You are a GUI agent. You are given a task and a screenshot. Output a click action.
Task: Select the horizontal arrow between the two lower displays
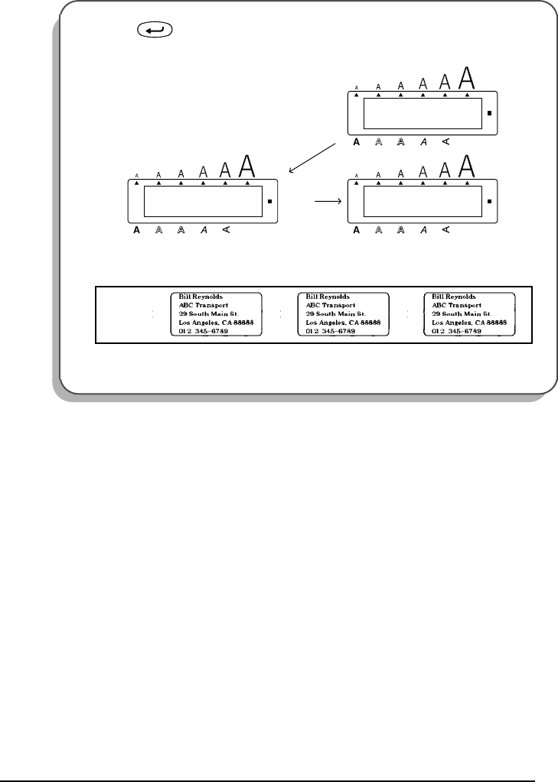pyautogui.click(x=326, y=203)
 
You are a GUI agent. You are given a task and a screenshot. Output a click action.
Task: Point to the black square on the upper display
pyautogui.click(x=489, y=115)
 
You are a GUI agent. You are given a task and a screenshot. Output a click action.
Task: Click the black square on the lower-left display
pyautogui.click(x=269, y=203)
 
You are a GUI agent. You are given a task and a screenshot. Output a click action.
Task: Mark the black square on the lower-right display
pyautogui.click(x=489, y=203)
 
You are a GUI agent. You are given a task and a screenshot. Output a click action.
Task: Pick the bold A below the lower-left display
pyautogui.click(x=136, y=229)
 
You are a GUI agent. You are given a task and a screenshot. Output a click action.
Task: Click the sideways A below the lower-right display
pyautogui.click(x=446, y=229)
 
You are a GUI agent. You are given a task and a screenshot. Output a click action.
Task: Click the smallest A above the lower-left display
pyautogui.click(x=136, y=175)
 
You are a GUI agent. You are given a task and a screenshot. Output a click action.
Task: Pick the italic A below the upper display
pyautogui.click(x=423, y=141)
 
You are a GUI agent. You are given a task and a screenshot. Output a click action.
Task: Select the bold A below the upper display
pyautogui.click(x=356, y=141)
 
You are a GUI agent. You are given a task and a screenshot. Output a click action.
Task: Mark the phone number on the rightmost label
pyautogui.click(x=458, y=333)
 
